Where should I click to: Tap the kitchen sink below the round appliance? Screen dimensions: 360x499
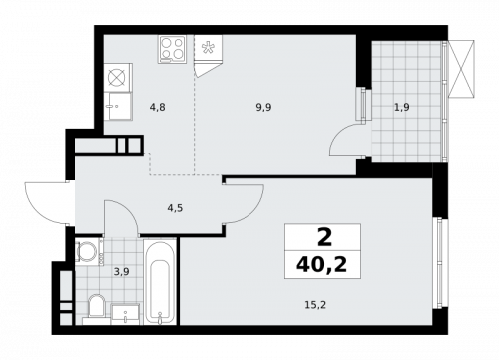pos(118,104)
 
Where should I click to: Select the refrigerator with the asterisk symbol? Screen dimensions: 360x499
pos(210,51)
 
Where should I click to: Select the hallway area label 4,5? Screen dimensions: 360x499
pos(174,209)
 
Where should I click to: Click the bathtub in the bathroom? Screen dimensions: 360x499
pos(159,282)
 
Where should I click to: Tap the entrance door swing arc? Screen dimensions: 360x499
pos(45,204)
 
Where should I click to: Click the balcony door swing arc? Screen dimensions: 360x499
pos(346,138)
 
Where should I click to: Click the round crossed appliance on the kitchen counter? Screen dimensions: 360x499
pos(118,76)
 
